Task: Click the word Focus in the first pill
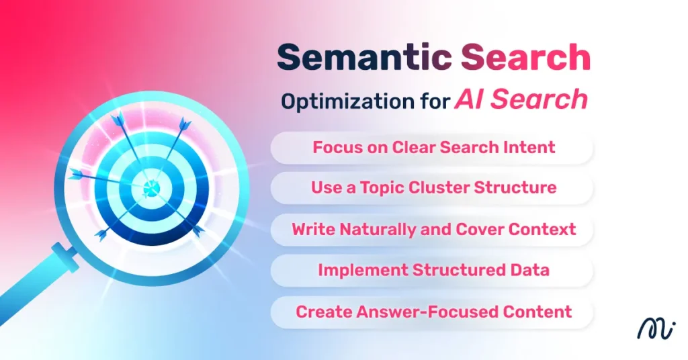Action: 335,147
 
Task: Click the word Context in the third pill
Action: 542,229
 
